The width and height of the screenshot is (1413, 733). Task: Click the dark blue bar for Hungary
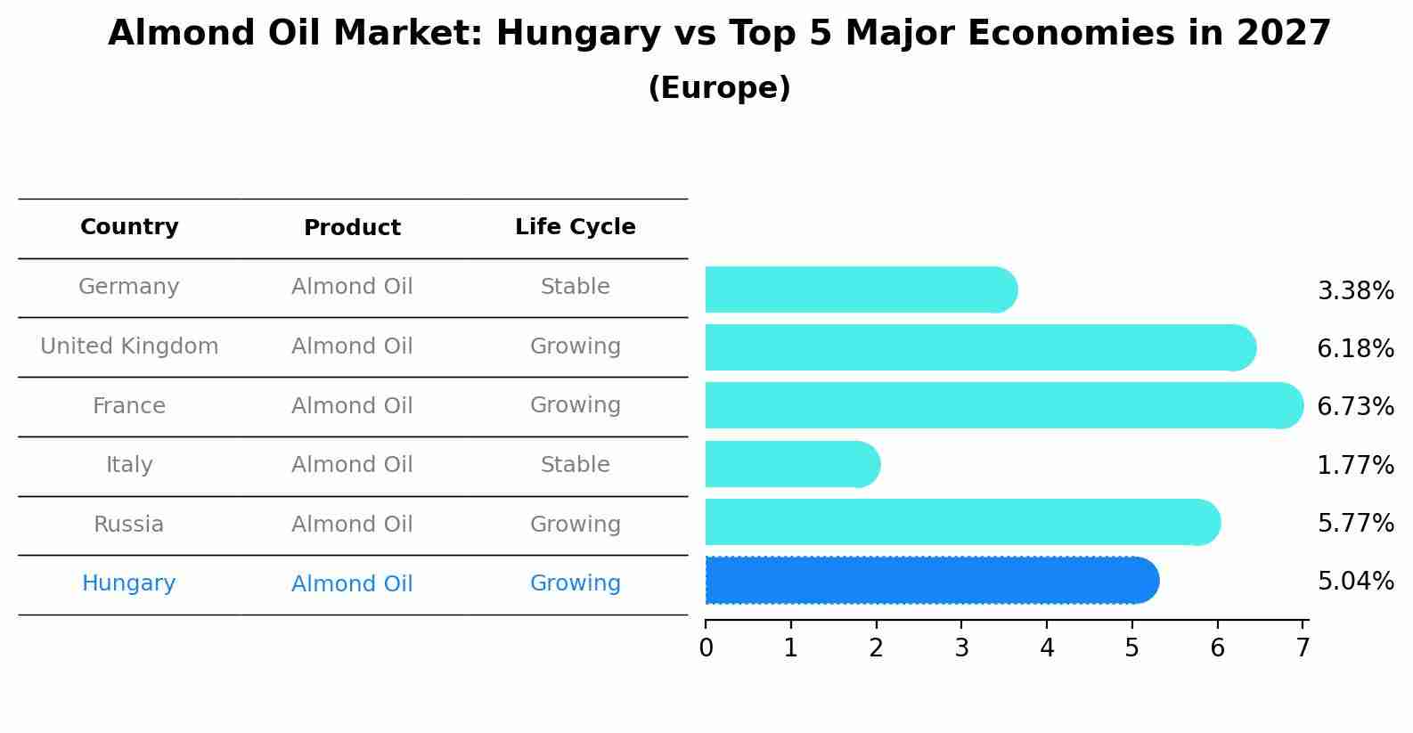tap(931, 581)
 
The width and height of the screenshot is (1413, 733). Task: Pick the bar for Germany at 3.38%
tap(860, 290)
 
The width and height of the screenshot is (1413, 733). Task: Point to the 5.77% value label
tap(1355, 523)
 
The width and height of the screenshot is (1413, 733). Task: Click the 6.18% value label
tap(1355, 348)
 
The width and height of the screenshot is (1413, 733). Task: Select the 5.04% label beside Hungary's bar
tap(1355, 582)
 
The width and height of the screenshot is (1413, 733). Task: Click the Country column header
tap(129, 227)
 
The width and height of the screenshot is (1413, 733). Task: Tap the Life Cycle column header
tap(575, 227)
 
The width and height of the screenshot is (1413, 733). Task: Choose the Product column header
tap(352, 228)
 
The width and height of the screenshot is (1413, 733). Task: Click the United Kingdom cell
tap(129, 346)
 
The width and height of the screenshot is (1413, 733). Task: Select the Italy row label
tap(129, 465)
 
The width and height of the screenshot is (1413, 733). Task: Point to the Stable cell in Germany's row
tap(575, 287)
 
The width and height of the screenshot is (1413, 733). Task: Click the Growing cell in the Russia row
tap(575, 525)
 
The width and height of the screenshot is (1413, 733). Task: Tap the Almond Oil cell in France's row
tap(352, 406)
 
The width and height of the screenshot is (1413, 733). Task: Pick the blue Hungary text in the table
tap(129, 583)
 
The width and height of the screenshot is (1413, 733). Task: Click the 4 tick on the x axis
tap(1047, 648)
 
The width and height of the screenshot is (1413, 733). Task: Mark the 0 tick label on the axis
tap(706, 648)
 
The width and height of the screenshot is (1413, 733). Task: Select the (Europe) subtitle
tap(719, 88)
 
